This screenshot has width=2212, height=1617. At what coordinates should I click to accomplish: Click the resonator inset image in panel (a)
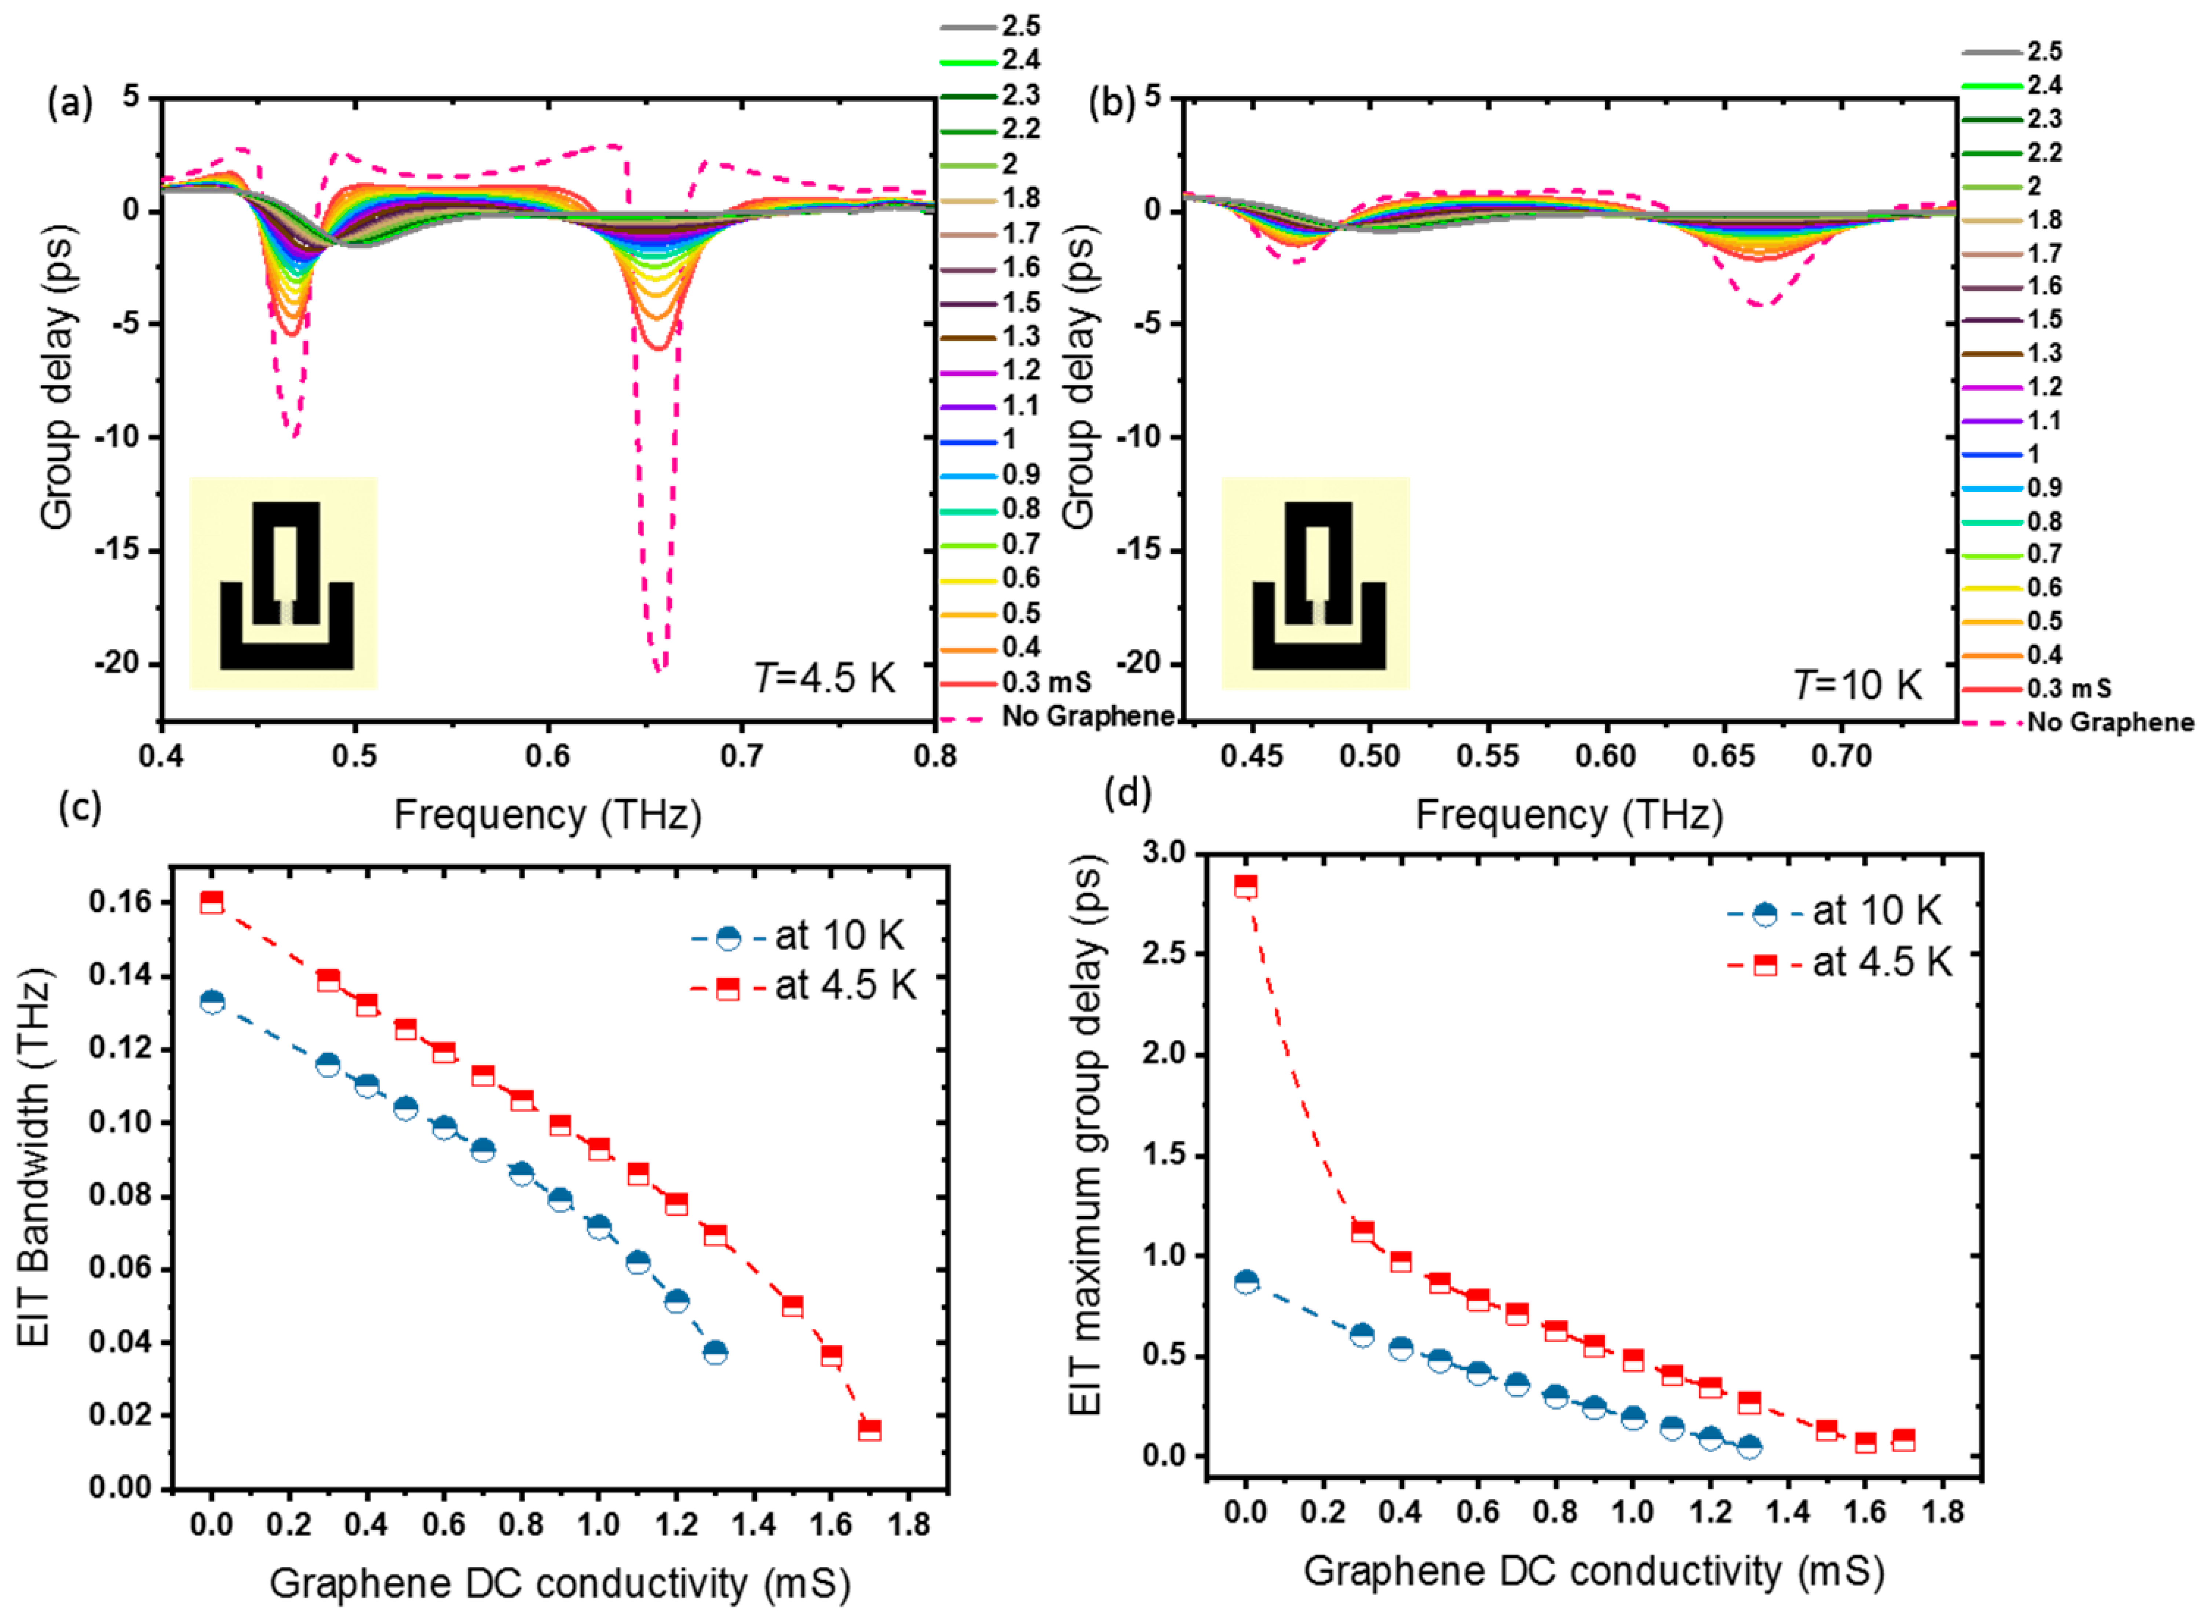point(284,583)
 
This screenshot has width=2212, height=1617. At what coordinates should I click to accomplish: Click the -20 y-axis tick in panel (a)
point(117,664)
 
